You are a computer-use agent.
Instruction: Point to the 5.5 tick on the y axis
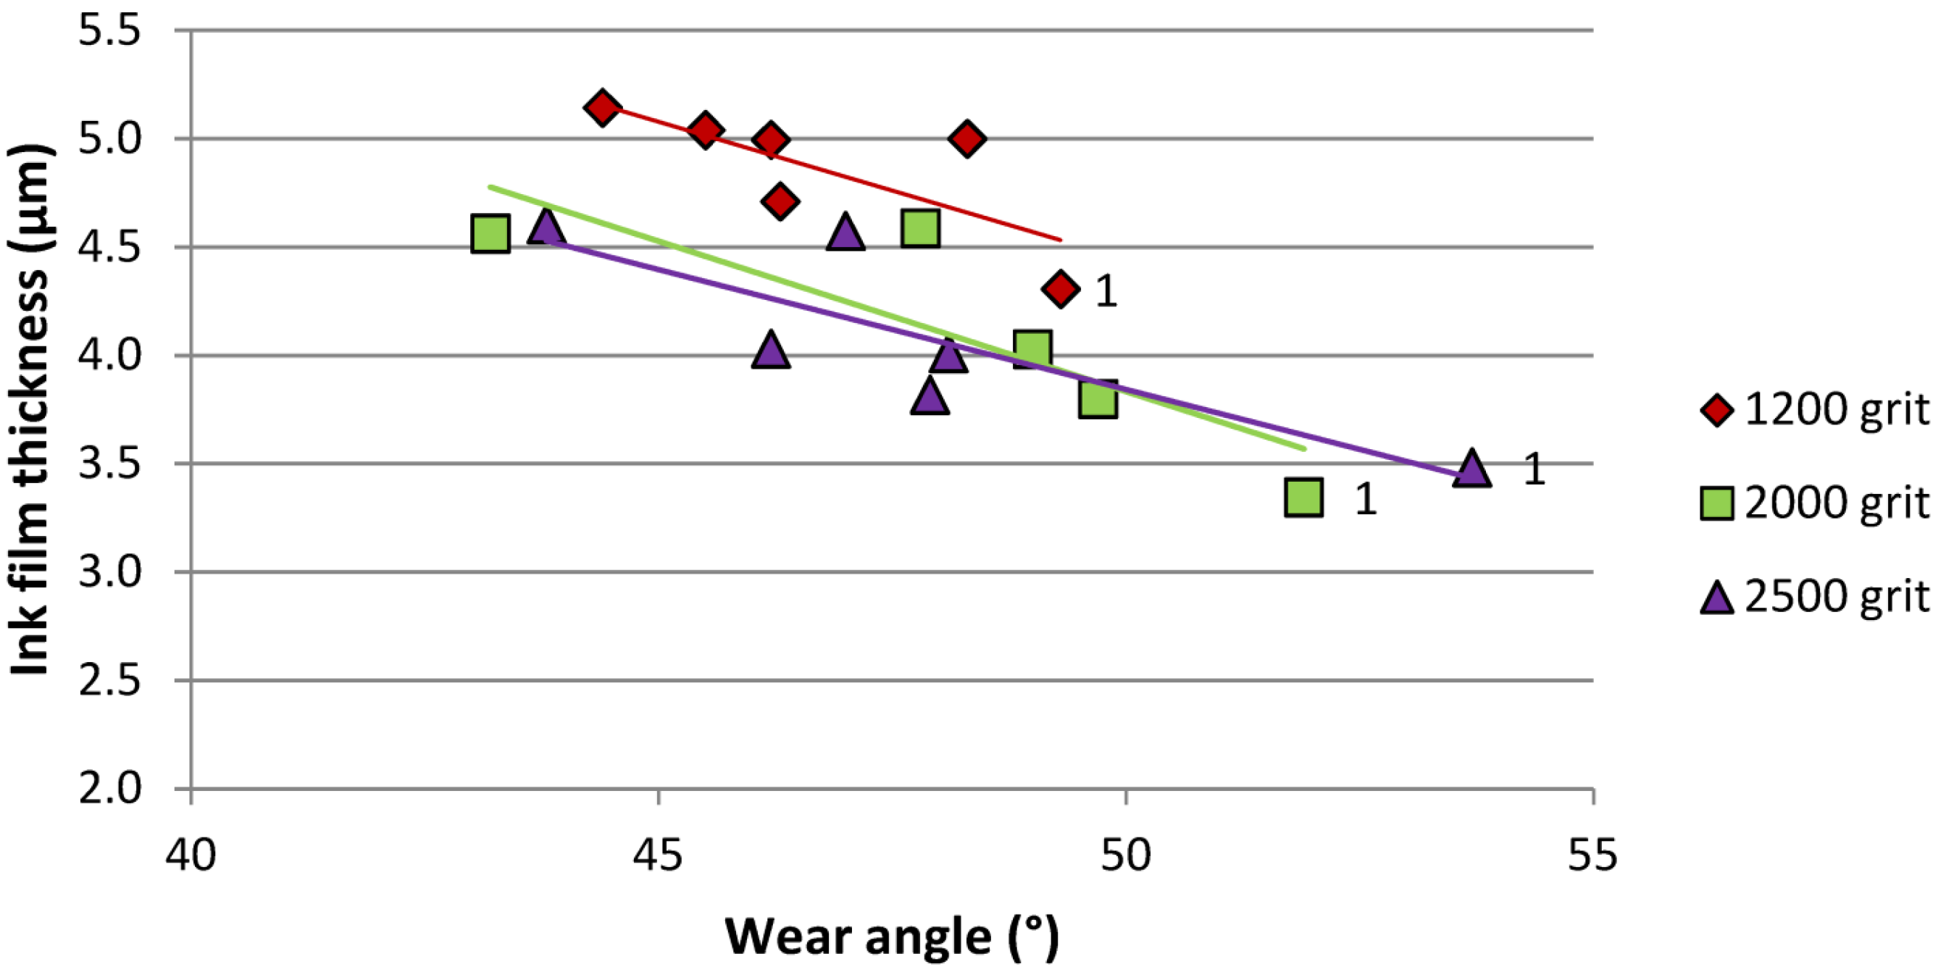[110, 31]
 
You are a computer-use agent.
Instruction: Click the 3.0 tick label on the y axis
[110, 572]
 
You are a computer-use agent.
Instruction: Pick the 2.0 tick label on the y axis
[110, 789]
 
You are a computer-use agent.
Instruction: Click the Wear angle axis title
[891, 937]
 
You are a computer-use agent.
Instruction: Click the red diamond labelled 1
[1061, 288]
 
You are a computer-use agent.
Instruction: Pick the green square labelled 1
[1304, 498]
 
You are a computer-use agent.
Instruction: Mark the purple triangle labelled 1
[1471, 469]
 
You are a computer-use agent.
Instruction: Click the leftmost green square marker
[490, 233]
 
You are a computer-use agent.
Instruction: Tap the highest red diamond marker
[602, 108]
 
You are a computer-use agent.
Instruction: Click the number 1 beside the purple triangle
[1534, 469]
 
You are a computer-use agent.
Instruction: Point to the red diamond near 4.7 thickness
[780, 201]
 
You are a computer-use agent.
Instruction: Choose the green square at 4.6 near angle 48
[920, 227]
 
